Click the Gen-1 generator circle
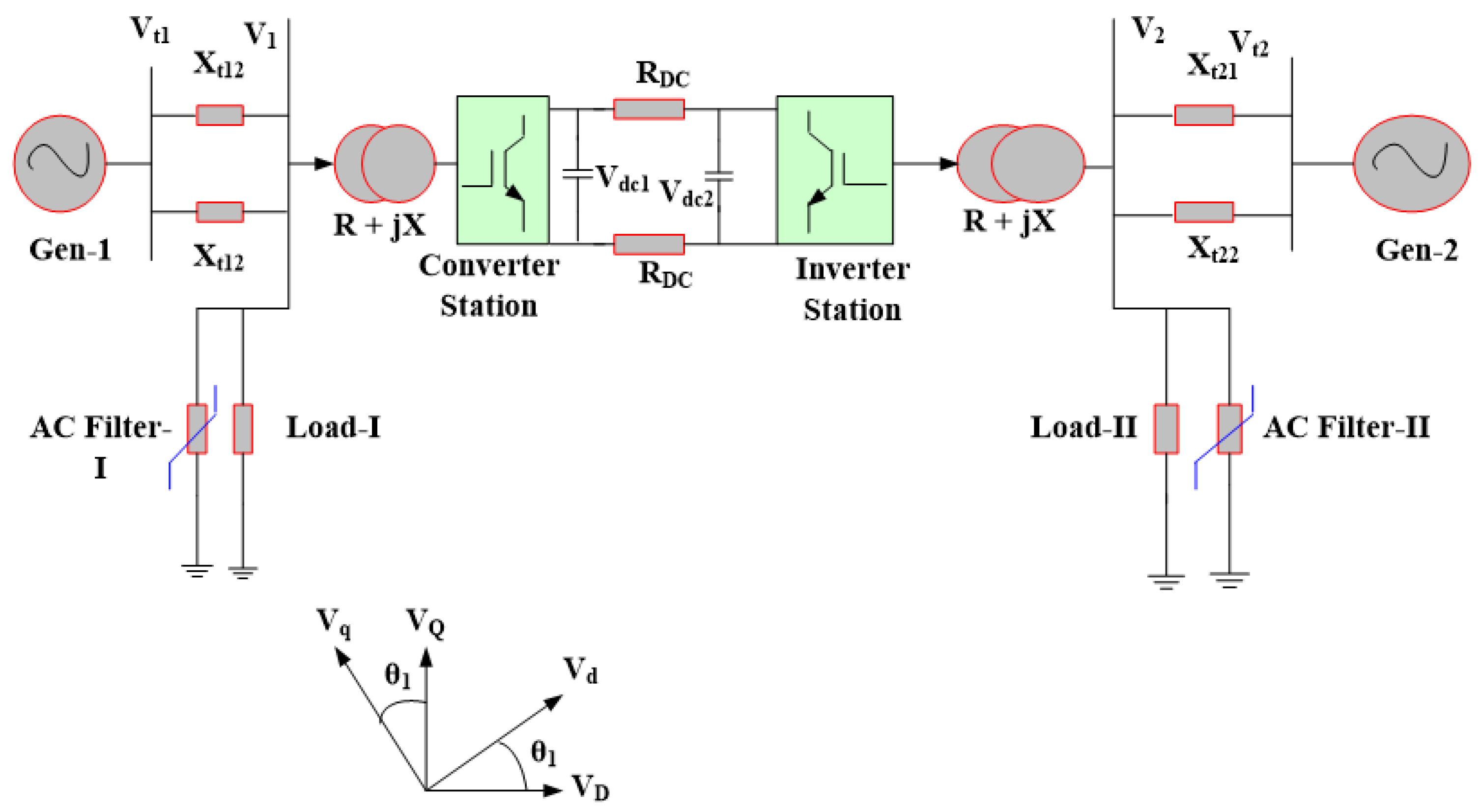coord(60,164)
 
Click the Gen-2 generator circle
coord(1411,164)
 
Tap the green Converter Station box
coord(503,169)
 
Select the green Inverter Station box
coord(834,169)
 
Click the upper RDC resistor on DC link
coord(649,109)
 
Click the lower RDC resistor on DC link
coord(649,244)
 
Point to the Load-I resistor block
coord(243,429)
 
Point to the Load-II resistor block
coord(1166,429)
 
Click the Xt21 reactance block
coord(1203,115)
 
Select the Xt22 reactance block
coord(1203,212)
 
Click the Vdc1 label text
coord(622,179)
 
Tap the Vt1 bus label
coord(150,30)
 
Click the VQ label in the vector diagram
coord(426,623)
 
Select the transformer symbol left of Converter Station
coord(385,164)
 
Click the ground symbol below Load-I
coord(243,572)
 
